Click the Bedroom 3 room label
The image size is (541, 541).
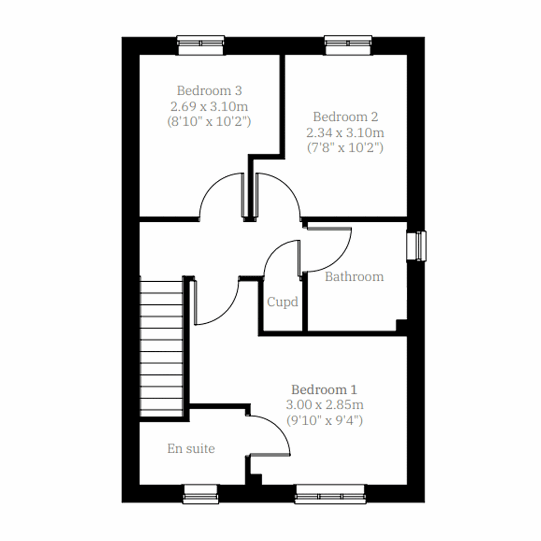[209, 91]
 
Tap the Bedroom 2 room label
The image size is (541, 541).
[345, 117]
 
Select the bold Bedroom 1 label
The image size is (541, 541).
[324, 389]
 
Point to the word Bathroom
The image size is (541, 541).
[354, 276]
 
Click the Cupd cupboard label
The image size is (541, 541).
[283, 302]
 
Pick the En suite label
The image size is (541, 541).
[191, 449]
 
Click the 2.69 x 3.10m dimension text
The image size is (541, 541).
[209, 106]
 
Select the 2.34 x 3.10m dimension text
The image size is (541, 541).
[345, 133]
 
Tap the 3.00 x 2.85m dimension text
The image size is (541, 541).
[325, 404]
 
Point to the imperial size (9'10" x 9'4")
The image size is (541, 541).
[325, 420]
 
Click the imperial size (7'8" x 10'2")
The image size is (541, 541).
[345, 148]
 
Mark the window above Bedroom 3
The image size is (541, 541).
[200, 45]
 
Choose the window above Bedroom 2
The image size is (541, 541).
[348, 45]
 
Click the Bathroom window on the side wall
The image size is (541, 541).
[416, 246]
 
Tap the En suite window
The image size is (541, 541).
[201, 494]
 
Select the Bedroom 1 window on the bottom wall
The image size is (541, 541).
[330, 495]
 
